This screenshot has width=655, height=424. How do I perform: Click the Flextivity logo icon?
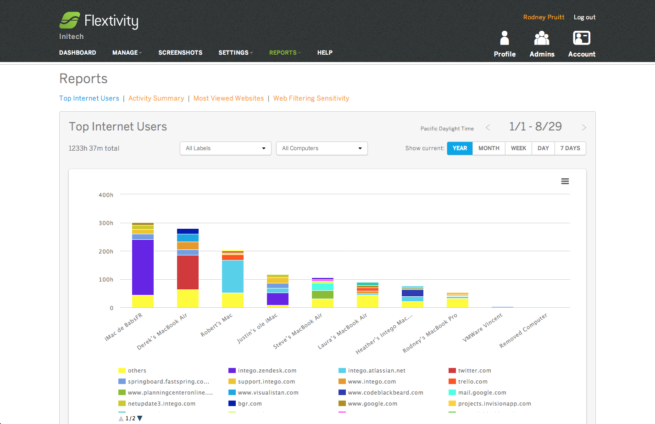pos(70,21)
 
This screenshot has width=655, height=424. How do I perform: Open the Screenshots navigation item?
pos(180,53)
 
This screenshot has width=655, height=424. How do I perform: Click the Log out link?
pos(584,17)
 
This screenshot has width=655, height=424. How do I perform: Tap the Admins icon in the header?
pos(542,39)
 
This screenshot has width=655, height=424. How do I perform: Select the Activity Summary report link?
pos(156,98)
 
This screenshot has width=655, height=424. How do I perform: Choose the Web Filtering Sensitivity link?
pos(311,98)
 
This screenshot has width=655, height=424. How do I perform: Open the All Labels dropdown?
pos(225,148)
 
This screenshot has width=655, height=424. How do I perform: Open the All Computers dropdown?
pos(322,148)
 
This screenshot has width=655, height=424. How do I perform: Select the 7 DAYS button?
pos(570,148)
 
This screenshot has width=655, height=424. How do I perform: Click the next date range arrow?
pos(584,128)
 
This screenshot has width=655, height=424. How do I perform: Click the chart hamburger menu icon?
pos(565,181)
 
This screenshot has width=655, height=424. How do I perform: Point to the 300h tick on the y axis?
pos(106,223)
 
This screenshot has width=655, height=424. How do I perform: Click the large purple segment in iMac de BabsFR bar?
pos(143,267)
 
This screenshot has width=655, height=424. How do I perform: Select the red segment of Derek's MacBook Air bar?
pos(188,272)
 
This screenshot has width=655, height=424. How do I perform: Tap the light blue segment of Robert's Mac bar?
pos(233,277)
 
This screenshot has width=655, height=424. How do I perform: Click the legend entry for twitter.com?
pos(474,371)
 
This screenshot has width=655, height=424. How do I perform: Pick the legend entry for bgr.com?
pos(250,404)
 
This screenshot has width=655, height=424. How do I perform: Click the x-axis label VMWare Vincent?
pos(483,328)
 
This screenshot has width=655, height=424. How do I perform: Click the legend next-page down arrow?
pos(140,418)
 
